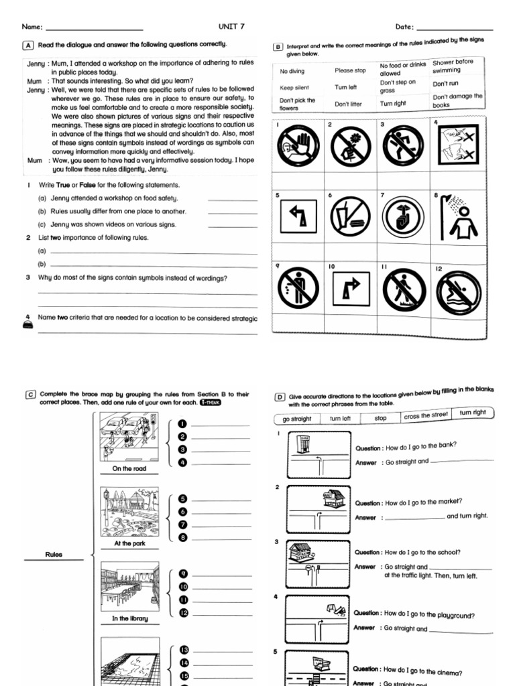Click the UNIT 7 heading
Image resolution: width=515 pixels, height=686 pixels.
pos(232,27)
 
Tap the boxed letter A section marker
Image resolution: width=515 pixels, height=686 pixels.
pos(28,46)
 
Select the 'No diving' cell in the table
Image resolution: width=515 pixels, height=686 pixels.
pos(292,70)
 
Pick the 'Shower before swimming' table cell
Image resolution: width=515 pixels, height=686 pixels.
pos(453,66)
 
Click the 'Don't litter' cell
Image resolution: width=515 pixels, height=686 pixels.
pos(347,104)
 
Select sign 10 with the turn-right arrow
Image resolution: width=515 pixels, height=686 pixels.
pos(351,289)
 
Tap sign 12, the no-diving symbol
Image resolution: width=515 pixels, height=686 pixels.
pos(459,293)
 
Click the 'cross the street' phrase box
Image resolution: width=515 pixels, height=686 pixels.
pos(426,416)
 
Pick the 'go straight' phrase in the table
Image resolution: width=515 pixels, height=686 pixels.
pos(297,419)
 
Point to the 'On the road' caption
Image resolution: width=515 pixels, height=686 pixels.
pos(129,469)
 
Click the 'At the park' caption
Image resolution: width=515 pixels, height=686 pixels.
pos(129,543)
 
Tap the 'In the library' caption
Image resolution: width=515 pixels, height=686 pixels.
pos(129,618)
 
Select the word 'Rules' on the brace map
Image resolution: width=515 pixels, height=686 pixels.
pos(54,555)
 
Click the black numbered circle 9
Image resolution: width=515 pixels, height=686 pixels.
pos(182,574)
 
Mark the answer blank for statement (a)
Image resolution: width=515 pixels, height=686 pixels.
pos(233,199)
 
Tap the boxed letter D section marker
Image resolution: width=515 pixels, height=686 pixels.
pos(280,397)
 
